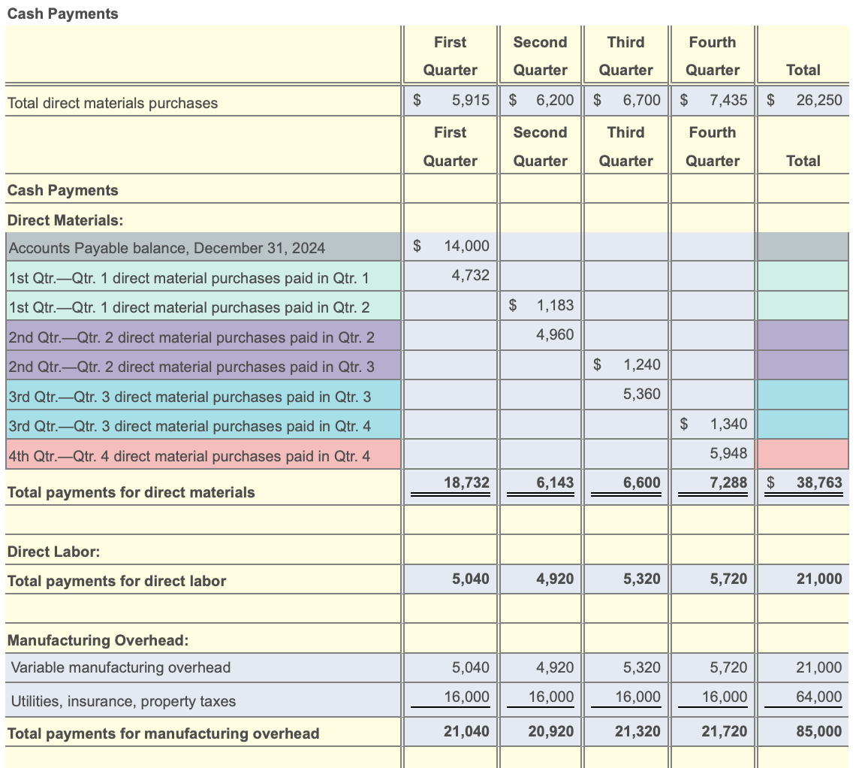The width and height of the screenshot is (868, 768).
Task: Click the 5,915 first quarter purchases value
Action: [x=471, y=100]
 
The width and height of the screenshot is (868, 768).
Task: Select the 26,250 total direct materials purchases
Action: [x=818, y=100]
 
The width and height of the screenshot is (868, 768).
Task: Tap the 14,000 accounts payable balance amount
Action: [x=466, y=246]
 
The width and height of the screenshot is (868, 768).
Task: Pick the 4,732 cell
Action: [x=471, y=276]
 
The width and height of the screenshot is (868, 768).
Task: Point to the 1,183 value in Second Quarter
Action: [x=555, y=305]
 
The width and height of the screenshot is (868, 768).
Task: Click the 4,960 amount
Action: [x=555, y=334]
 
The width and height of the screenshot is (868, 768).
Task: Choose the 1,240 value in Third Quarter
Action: [x=641, y=364]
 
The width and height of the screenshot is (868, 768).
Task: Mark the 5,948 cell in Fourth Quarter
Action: [x=728, y=453]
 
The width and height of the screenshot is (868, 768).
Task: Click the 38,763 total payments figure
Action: [x=818, y=482]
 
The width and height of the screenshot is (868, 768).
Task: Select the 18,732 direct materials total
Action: [x=467, y=482]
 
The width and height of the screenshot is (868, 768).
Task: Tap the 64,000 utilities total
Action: [x=818, y=697]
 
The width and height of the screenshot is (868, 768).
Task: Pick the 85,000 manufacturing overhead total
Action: [x=818, y=731]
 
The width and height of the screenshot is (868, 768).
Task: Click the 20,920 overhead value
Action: [x=551, y=731]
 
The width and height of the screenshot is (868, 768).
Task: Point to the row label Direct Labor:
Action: [x=53, y=552]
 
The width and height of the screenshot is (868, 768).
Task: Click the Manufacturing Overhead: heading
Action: [x=98, y=640]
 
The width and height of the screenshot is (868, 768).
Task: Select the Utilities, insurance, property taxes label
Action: [x=123, y=701]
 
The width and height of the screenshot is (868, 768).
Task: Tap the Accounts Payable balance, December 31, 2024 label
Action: [x=166, y=247]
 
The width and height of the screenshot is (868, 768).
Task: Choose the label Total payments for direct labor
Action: [x=116, y=581]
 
